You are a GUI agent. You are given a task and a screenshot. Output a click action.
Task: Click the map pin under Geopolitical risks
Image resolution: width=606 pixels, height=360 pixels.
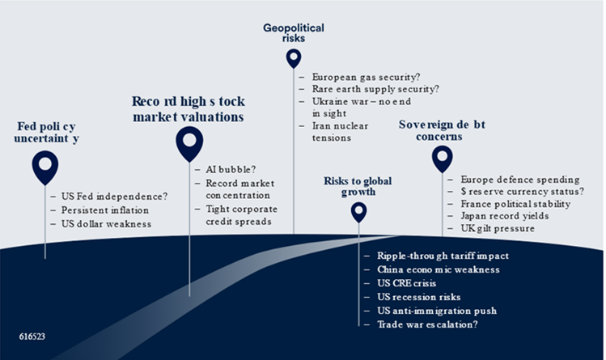(293, 57)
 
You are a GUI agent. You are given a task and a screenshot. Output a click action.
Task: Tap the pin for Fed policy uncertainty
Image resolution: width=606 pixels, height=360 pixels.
(45, 165)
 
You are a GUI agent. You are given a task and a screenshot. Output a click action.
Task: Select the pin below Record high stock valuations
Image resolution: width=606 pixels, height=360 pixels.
(189, 142)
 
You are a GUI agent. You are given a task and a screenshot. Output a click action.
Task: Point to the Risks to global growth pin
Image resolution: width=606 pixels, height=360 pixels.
(358, 211)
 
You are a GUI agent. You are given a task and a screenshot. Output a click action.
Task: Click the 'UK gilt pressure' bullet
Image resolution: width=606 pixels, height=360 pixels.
(497, 231)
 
